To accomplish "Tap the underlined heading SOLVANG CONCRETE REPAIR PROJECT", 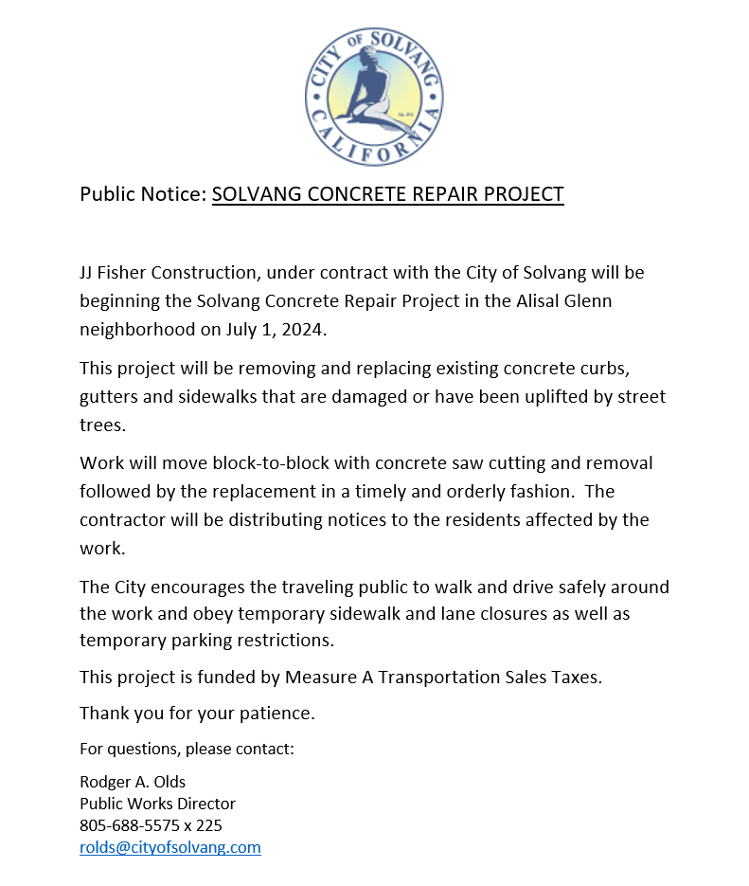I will click(x=387, y=194).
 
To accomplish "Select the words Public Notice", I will click(x=142, y=194).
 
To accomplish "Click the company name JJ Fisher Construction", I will click(x=168, y=273).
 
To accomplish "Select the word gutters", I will click(x=109, y=396).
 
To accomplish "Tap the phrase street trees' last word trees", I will click(x=101, y=425).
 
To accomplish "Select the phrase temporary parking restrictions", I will click(x=205, y=640).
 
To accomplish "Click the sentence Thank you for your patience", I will click(x=197, y=713).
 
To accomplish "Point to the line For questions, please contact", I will click(x=187, y=749).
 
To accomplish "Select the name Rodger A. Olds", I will click(x=133, y=782).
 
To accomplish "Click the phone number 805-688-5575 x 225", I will click(x=151, y=825).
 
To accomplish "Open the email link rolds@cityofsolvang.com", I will click(x=169, y=847).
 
